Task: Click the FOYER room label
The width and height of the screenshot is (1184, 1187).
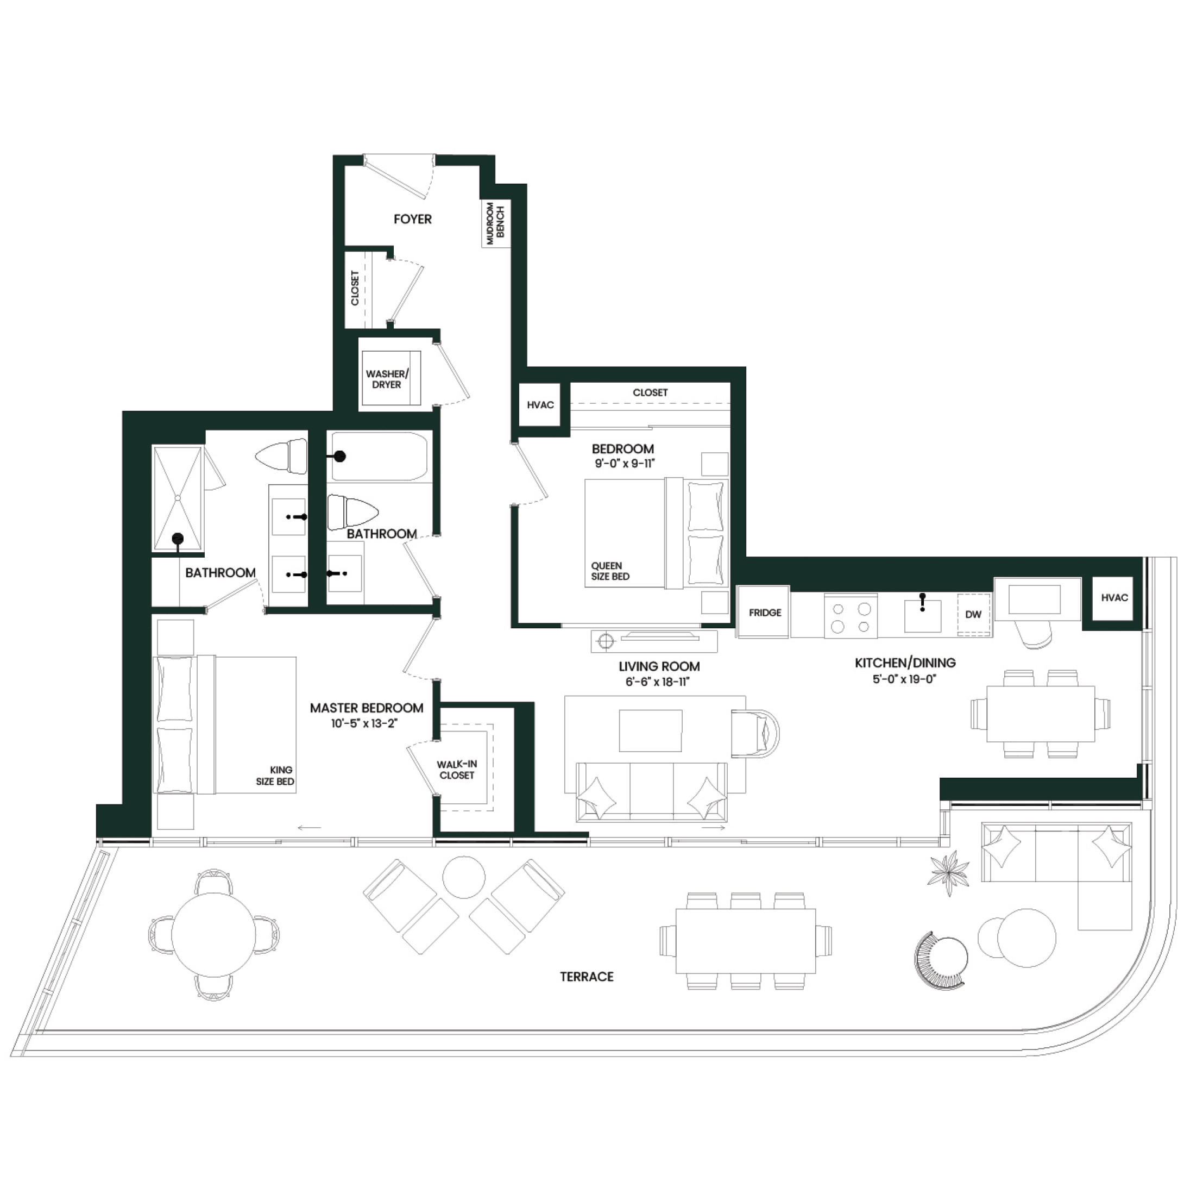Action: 413,220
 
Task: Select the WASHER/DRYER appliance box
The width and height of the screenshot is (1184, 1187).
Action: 391,378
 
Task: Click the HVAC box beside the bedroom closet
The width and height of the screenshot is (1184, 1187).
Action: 540,405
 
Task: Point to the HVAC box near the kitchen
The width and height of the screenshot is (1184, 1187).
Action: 1114,598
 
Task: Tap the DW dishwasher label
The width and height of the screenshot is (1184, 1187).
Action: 973,614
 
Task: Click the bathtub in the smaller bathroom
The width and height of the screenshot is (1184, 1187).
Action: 379,456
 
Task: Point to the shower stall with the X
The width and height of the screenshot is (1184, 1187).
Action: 178,499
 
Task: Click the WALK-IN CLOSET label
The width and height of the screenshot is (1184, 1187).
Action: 456,769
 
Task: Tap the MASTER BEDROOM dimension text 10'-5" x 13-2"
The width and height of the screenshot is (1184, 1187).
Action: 364,723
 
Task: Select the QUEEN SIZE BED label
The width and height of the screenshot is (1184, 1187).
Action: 610,571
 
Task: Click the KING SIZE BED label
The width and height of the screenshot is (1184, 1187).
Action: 275,776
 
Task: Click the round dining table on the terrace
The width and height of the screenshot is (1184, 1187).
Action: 213,934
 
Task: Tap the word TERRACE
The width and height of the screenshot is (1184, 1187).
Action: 587,977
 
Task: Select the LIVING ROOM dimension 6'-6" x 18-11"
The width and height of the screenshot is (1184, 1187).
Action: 658,682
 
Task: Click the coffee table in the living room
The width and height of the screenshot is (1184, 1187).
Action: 650,730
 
